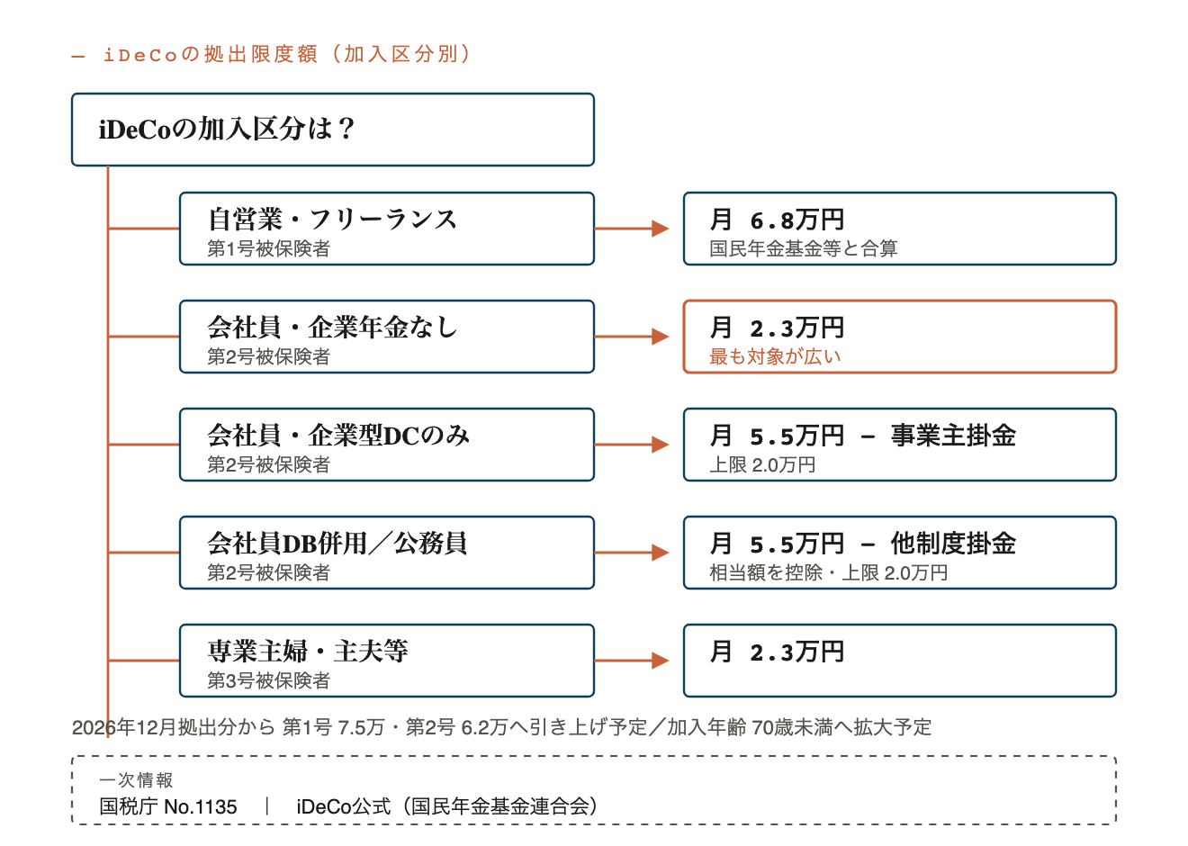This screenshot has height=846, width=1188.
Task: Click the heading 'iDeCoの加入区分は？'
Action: (x=227, y=129)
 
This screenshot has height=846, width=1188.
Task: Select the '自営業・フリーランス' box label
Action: (x=332, y=219)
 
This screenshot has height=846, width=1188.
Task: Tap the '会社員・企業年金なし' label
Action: (x=332, y=327)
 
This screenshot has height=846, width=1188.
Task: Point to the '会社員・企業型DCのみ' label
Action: (x=338, y=435)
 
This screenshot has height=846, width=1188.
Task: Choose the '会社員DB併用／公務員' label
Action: (x=337, y=543)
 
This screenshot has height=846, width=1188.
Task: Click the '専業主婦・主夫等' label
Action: (x=308, y=651)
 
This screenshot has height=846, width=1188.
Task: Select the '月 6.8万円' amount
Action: (x=777, y=220)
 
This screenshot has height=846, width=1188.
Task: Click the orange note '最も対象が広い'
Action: (x=775, y=356)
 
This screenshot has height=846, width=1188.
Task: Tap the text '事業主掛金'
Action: (x=953, y=436)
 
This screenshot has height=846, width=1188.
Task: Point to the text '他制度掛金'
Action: (x=953, y=544)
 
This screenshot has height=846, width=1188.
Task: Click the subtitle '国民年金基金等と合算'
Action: (x=804, y=248)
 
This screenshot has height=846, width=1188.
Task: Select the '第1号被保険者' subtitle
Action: (x=269, y=248)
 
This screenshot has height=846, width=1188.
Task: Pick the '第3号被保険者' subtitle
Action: (x=269, y=680)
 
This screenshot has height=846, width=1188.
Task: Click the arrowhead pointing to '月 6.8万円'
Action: (x=661, y=229)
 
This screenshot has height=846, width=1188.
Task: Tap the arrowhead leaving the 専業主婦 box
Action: (x=661, y=661)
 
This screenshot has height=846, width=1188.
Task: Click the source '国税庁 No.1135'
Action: (x=168, y=806)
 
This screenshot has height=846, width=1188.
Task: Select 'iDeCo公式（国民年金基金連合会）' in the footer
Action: (x=447, y=806)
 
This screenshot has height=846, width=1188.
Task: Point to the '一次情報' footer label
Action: (x=136, y=779)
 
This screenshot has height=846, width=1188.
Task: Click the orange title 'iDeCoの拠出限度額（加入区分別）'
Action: (x=287, y=54)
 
